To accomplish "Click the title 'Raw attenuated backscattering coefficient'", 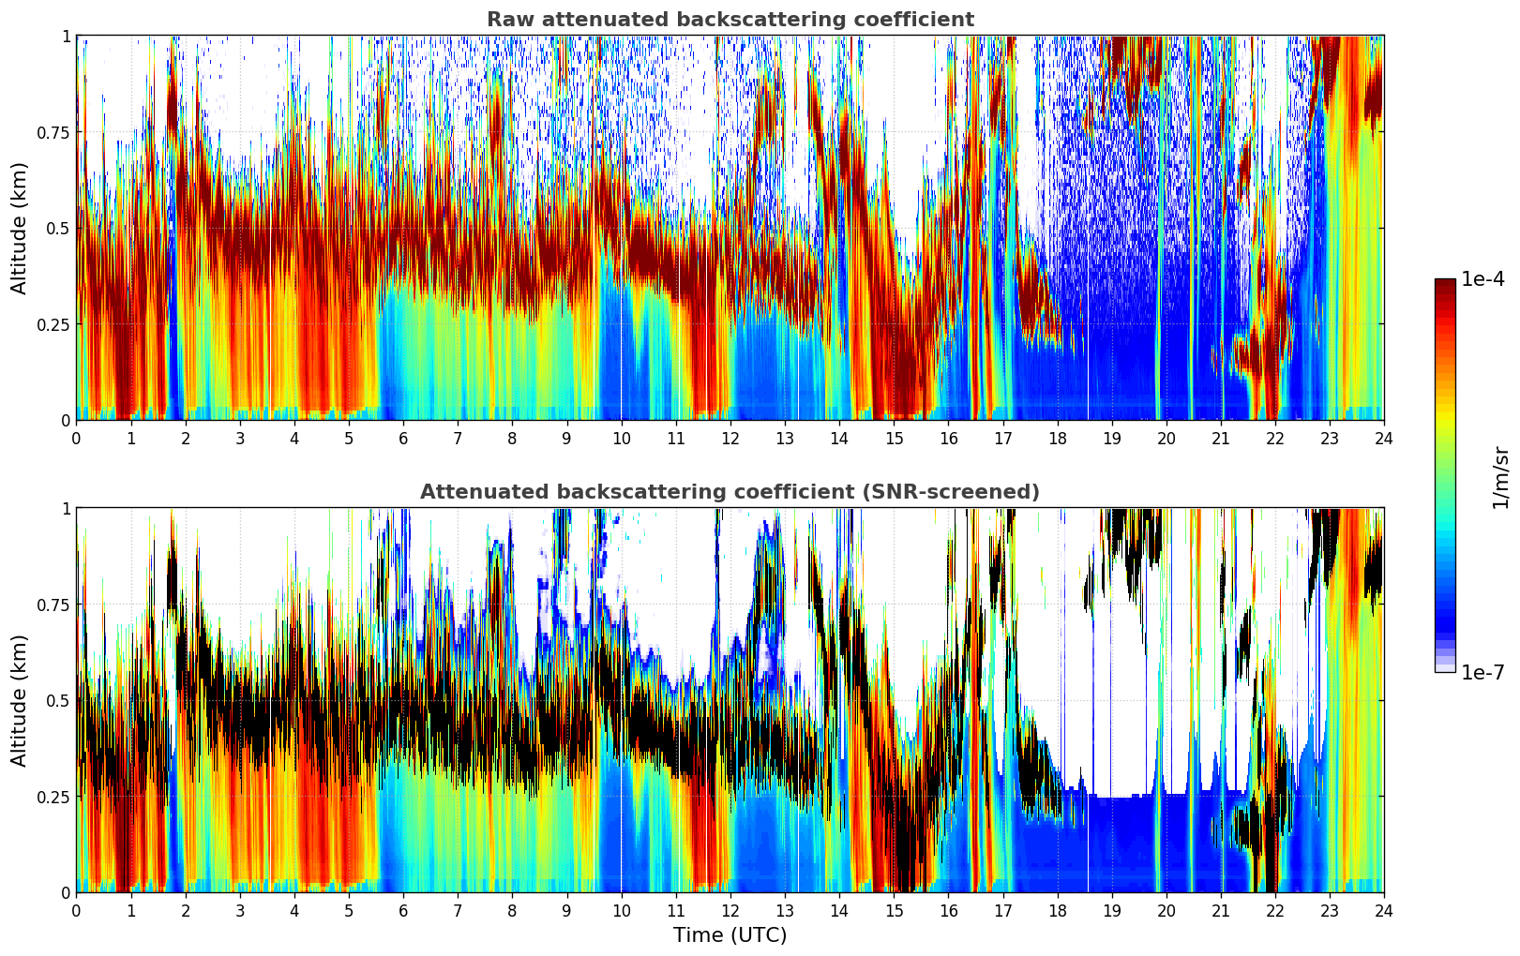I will pos(730,20).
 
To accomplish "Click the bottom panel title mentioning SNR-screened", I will pos(730,492).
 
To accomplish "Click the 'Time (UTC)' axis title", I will pos(730,935).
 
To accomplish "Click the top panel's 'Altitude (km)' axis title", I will pos(20,228).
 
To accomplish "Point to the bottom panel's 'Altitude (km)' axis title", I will pos(20,700).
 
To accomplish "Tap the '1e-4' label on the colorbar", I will pos(1482,279).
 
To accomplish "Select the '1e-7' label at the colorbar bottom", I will pos(1482,673).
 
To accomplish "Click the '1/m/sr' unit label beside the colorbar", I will pos(1500,477).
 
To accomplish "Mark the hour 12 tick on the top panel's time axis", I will pos(730,438).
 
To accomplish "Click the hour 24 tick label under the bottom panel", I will pos(1383,910).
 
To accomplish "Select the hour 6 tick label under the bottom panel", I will pos(403,910).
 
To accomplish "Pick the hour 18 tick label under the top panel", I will pos(1057,438).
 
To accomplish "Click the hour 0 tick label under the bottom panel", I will pos(76,910).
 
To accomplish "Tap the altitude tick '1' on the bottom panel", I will pos(66,508).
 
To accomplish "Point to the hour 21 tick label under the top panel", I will pos(1220,438).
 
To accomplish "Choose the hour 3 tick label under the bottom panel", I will pos(240,910).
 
